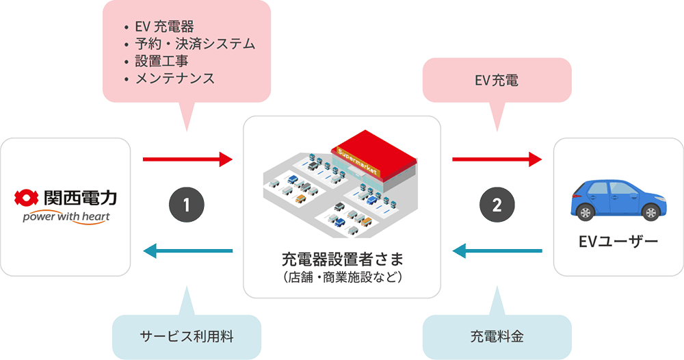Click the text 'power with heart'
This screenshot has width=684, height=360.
click(x=66, y=218)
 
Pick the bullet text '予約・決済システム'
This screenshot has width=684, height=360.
click(x=194, y=44)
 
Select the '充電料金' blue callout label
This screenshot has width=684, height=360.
click(x=496, y=337)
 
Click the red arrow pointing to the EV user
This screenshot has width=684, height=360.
click(x=497, y=161)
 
